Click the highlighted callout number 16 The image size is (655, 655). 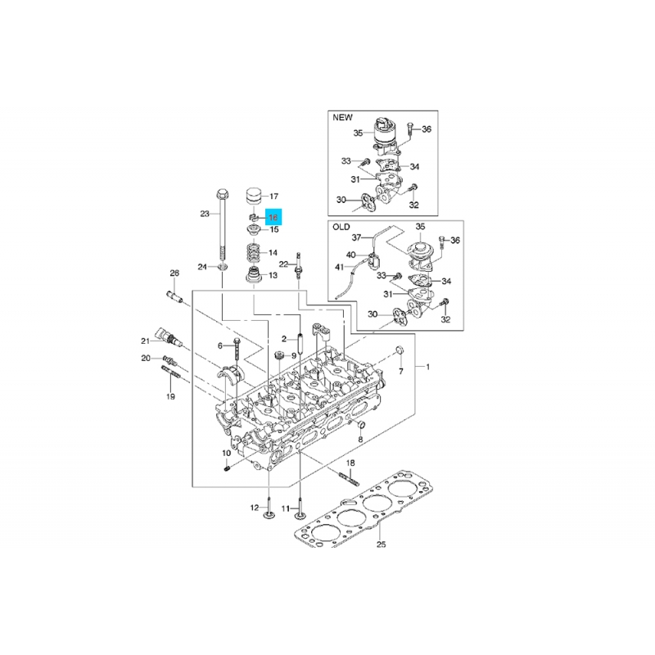pyautogui.click(x=273, y=217)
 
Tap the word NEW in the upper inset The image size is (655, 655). pyautogui.click(x=342, y=117)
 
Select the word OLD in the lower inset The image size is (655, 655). pyautogui.click(x=341, y=228)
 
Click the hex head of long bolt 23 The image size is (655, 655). pyautogui.click(x=222, y=195)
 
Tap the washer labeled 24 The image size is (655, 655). pyautogui.click(x=223, y=267)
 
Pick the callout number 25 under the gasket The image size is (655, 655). pyautogui.click(x=381, y=544)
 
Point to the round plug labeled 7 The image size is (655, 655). pyautogui.click(x=400, y=350)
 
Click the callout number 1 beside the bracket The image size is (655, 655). pyautogui.click(x=427, y=367)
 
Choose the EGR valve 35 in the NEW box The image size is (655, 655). pyautogui.click(x=385, y=133)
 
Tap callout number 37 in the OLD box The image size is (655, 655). pyautogui.click(x=356, y=237)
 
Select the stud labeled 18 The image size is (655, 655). pyautogui.click(x=349, y=478)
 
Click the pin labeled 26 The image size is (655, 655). pyautogui.click(x=174, y=296)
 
